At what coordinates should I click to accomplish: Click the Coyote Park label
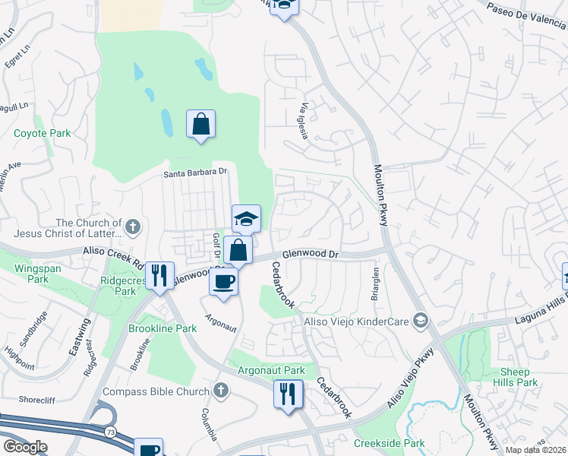(x=43, y=133)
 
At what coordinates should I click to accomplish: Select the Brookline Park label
(x=163, y=328)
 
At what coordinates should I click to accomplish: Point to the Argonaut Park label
(x=271, y=370)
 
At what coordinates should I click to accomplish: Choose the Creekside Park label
(x=389, y=442)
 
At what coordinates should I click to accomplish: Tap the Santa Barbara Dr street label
(x=196, y=173)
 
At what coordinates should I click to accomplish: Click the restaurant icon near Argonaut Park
(x=288, y=394)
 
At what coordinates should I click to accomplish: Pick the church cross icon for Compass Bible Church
(x=221, y=391)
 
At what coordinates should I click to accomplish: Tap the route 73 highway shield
(x=112, y=431)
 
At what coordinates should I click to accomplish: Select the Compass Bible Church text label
(x=156, y=391)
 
